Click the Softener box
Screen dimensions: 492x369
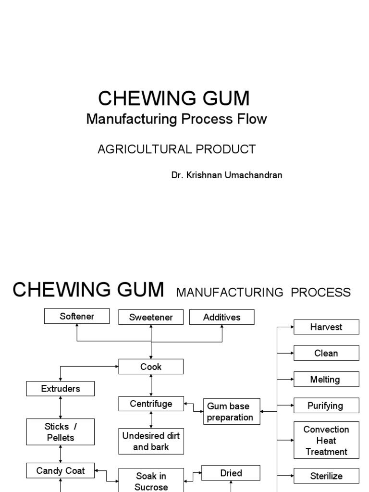[x=77, y=316]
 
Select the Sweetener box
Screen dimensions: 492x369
[x=151, y=317]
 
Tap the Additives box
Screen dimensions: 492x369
[x=221, y=317]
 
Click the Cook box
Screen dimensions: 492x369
[x=151, y=367]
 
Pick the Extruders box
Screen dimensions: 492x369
[x=61, y=389]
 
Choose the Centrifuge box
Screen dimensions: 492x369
[x=151, y=404]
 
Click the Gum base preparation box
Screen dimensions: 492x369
[x=232, y=412]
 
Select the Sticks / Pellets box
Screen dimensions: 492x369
[x=61, y=432]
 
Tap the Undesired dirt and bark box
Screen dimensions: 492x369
[x=151, y=441]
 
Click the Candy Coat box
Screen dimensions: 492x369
[x=61, y=470]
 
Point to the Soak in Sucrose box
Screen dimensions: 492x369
[x=151, y=480]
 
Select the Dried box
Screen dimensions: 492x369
[x=231, y=473]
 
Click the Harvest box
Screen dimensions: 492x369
[x=326, y=327]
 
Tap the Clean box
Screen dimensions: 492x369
[x=326, y=353]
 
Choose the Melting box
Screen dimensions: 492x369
[x=326, y=380]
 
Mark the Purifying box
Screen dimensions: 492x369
[x=326, y=406]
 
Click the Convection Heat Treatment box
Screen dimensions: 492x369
[x=326, y=440]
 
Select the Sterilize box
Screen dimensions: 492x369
[x=326, y=476]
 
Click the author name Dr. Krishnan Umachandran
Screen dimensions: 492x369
[x=227, y=175]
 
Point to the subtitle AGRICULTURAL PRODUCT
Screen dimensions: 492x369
[x=177, y=149]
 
